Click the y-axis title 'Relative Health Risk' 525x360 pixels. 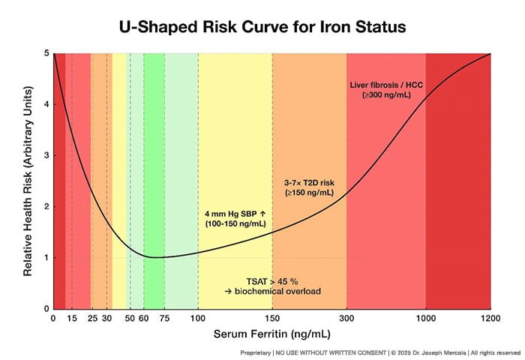28,181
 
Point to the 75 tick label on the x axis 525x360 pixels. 164,318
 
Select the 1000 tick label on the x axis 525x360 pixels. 426,318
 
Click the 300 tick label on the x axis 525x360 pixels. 346,318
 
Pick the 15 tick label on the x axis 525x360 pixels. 72,318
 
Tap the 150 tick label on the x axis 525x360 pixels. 272,318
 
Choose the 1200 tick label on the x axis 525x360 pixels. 490,318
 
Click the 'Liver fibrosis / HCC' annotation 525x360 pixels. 386,85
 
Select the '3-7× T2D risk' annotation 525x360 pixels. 307,181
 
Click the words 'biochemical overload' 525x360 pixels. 277,290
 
